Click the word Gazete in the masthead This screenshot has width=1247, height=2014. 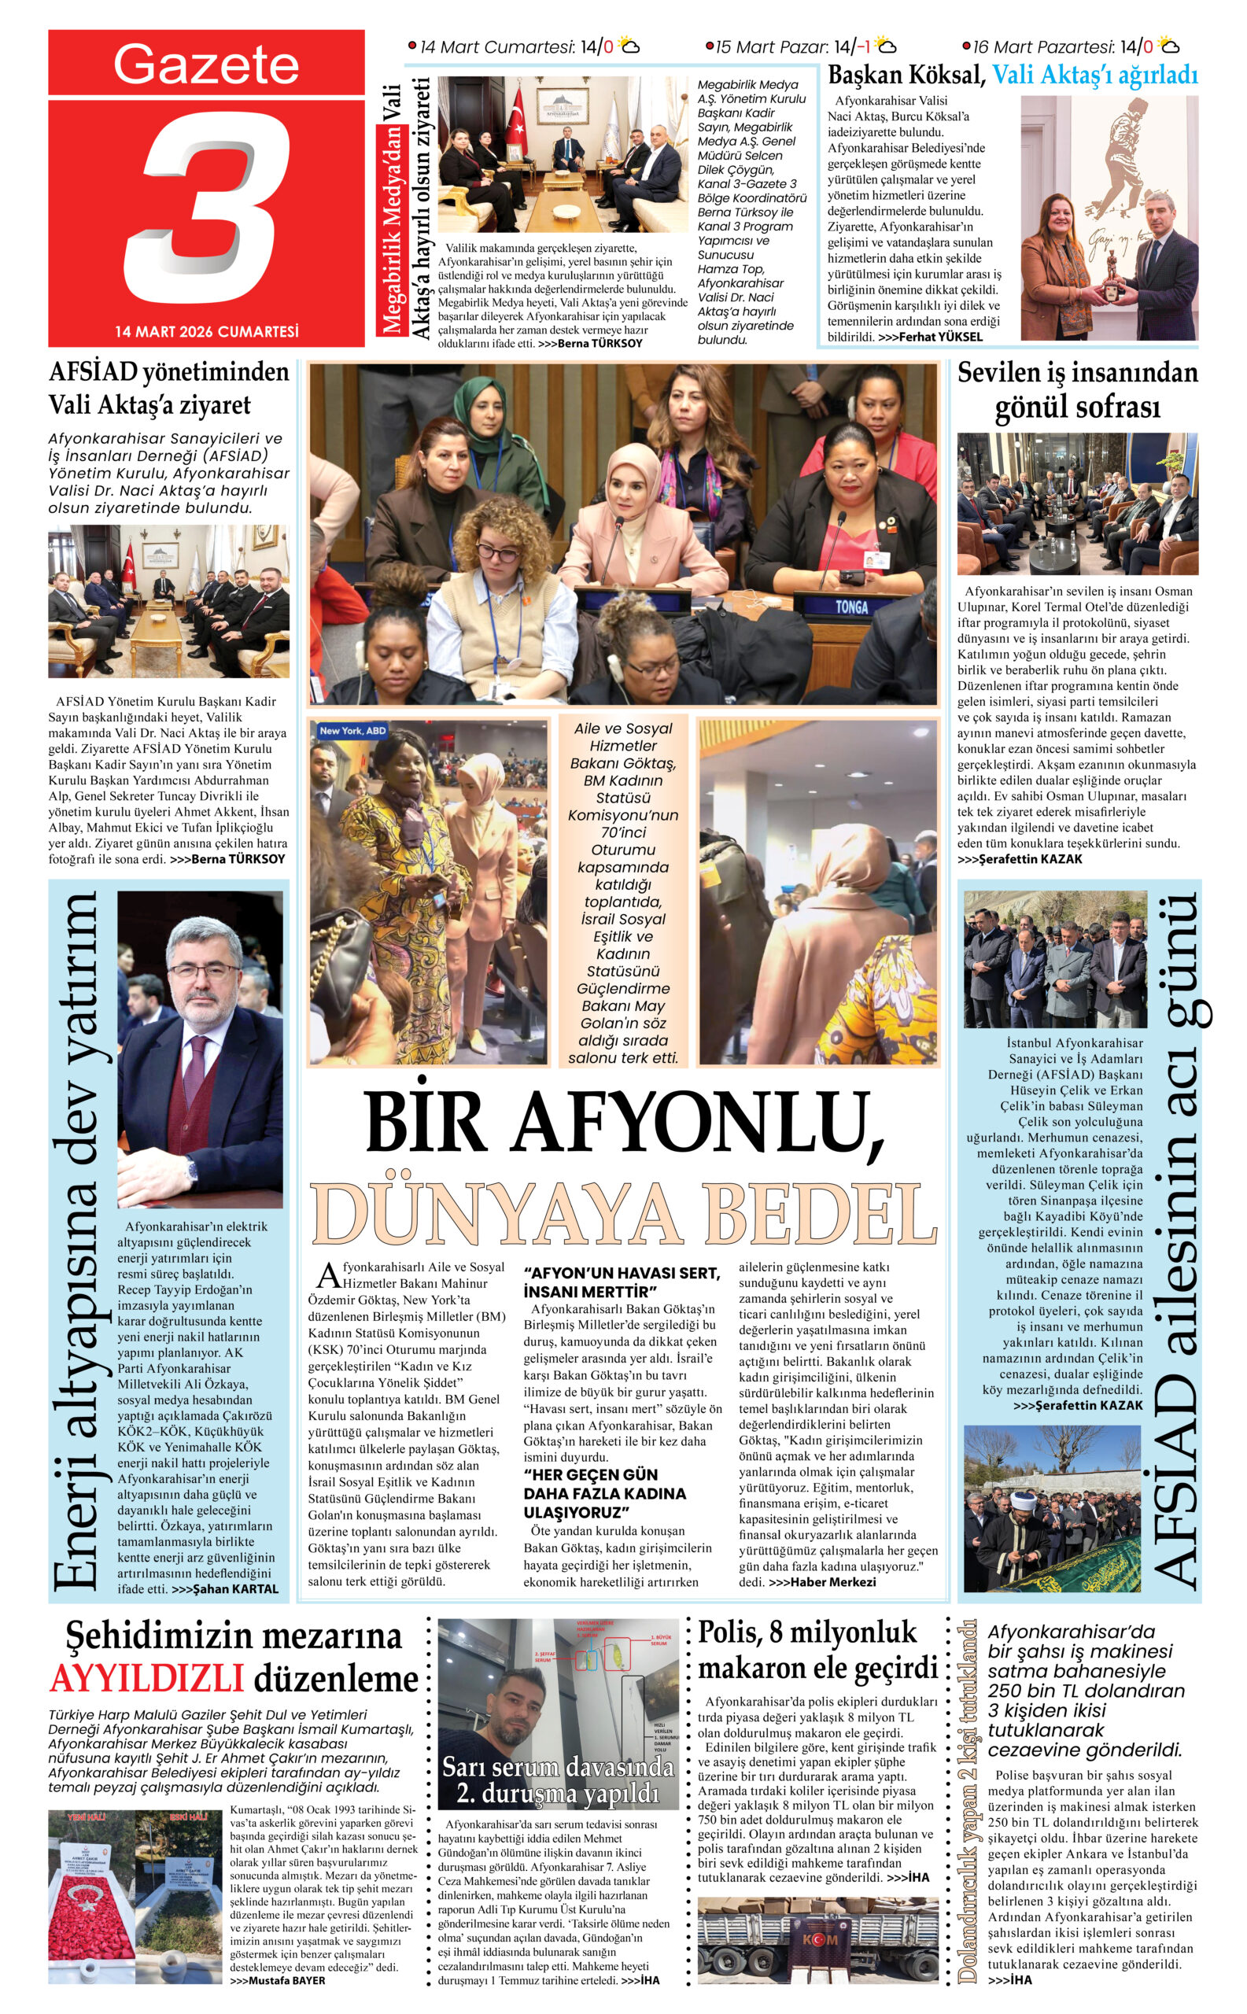(x=206, y=65)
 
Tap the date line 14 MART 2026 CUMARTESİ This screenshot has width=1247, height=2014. (x=207, y=331)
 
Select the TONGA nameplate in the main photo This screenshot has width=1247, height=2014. (x=851, y=607)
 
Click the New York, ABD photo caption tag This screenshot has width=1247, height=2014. (x=352, y=731)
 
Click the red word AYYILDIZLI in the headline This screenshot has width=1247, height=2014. (x=148, y=1677)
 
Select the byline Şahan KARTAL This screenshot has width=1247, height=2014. (x=224, y=1589)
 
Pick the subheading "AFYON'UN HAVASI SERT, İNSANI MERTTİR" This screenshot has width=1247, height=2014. (x=621, y=1282)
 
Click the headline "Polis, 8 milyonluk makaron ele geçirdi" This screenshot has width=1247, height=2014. (x=818, y=1650)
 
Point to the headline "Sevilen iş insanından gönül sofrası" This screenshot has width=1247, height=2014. (x=1077, y=389)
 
